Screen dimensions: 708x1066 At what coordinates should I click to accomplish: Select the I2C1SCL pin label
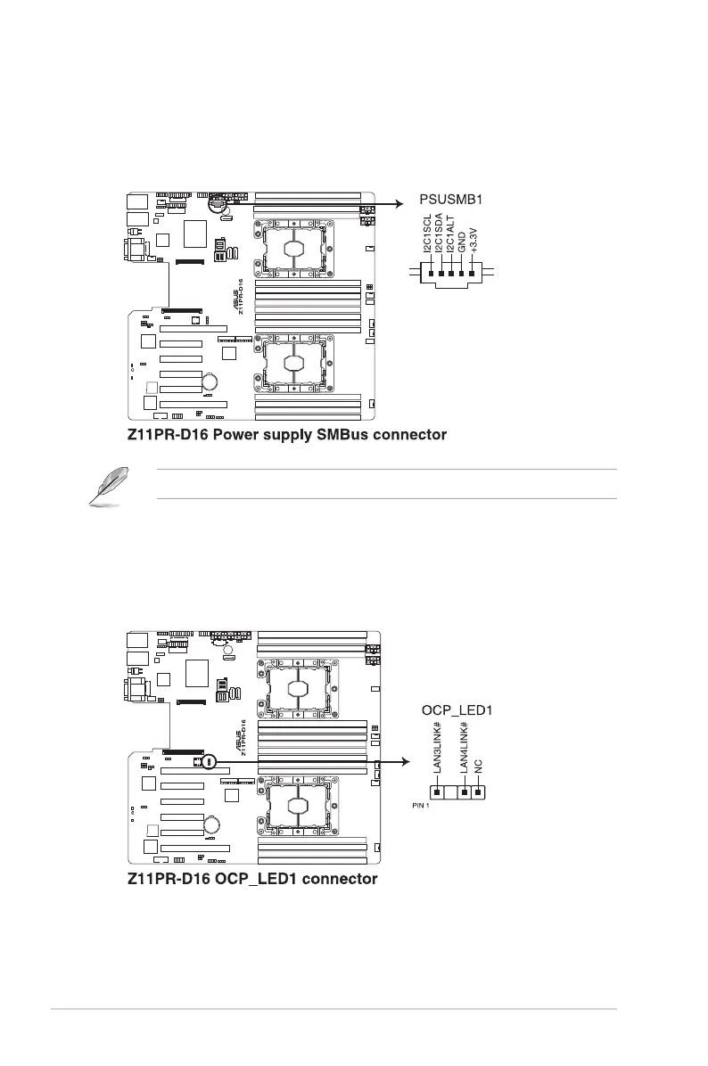[428, 236]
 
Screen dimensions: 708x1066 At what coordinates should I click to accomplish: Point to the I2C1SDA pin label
[440, 236]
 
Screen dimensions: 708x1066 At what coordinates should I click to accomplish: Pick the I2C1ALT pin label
[451, 236]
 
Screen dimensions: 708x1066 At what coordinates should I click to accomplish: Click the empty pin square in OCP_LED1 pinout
[451, 791]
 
